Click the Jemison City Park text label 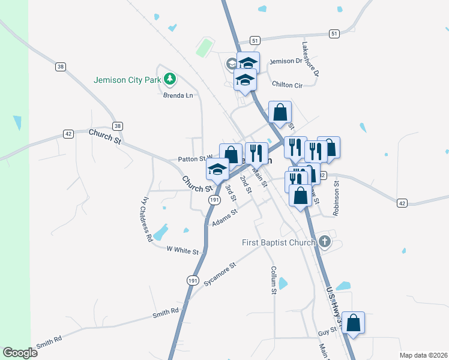click(x=128, y=79)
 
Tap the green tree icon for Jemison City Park click(x=170, y=79)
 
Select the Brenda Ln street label click(x=178, y=95)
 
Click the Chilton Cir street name click(x=287, y=85)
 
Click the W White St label click(x=182, y=250)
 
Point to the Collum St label click(x=273, y=280)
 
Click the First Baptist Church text click(x=279, y=242)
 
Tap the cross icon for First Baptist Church click(x=325, y=242)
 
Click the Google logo click(x=20, y=352)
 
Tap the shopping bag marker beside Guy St click(x=354, y=323)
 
